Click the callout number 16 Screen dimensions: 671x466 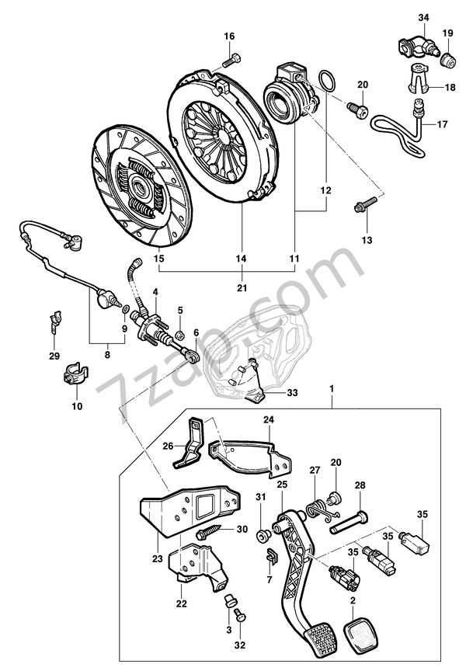point(229,37)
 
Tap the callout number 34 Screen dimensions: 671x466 point(423,17)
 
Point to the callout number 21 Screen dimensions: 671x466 point(242,287)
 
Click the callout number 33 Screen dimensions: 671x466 point(292,393)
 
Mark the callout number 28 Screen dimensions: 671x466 point(360,486)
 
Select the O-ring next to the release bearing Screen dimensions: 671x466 point(327,80)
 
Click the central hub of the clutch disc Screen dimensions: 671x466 point(140,186)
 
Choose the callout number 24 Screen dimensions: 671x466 point(269,421)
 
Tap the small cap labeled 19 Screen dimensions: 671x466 point(448,59)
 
